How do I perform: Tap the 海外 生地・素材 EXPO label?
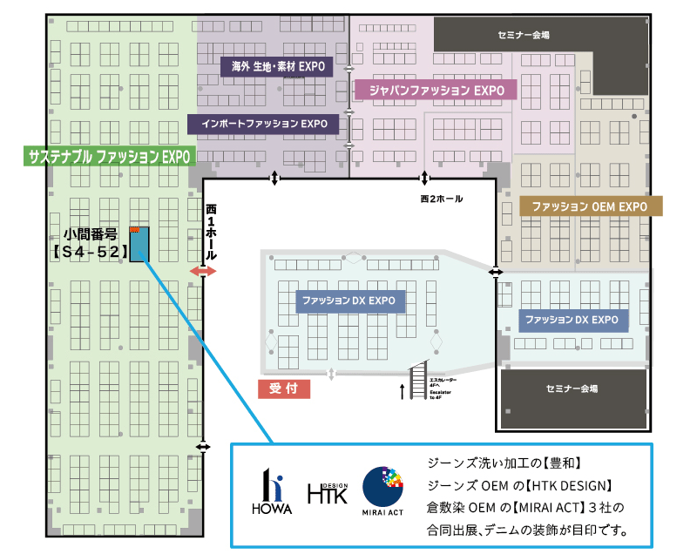point(273,66)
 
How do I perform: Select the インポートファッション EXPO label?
point(263,124)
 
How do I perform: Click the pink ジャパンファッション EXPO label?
point(436,89)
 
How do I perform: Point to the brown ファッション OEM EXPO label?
point(590,206)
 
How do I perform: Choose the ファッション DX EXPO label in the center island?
point(349,301)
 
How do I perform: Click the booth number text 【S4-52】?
point(91,252)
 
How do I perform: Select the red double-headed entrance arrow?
point(203,273)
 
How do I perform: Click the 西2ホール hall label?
point(441,199)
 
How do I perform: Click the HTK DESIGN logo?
point(328,494)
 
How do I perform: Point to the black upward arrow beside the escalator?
point(402,391)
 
